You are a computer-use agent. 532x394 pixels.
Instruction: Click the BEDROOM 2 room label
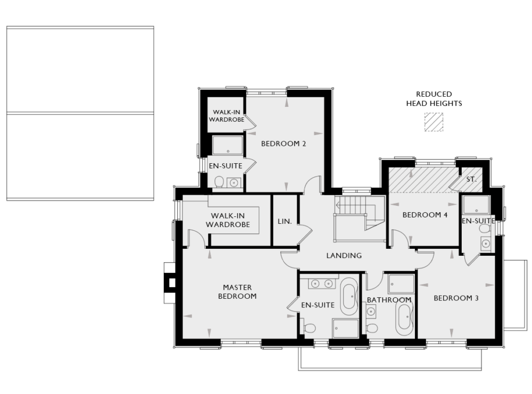pyautogui.click(x=283, y=143)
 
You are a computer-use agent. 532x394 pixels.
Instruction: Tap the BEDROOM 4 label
pyautogui.click(x=425, y=215)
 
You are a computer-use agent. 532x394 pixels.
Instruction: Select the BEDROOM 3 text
pyautogui.click(x=456, y=298)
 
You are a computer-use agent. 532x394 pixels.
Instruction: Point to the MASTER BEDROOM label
pyautogui.click(x=237, y=292)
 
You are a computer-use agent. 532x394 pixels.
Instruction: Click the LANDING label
pyautogui.click(x=344, y=255)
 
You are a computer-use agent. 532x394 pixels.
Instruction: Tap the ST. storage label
pyautogui.click(x=471, y=180)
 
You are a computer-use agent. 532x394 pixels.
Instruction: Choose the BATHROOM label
pyautogui.click(x=389, y=300)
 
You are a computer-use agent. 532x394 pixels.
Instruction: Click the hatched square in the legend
pyautogui.click(x=434, y=122)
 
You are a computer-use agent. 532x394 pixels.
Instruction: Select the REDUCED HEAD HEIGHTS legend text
pyautogui.click(x=434, y=99)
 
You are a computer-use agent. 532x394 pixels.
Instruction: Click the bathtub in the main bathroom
pyautogui.click(x=404, y=319)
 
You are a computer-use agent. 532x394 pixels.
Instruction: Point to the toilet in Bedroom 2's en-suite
pyautogui.click(x=218, y=182)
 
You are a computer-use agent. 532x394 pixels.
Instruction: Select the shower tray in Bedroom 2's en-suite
pyautogui.click(x=228, y=145)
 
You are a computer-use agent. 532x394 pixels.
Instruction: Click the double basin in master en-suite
pyautogui.click(x=323, y=283)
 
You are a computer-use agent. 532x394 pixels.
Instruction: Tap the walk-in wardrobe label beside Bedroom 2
pyautogui.click(x=228, y=116)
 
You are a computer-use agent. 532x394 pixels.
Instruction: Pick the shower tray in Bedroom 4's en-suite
pyautogui.click(x=476, y=205)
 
